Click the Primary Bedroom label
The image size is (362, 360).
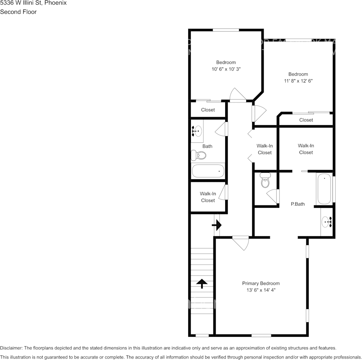pyautogui.click(x=261, y=284)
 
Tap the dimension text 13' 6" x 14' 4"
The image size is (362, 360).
pyautogui.click(x=261, y=290)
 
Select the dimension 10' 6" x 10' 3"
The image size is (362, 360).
pyautogui.click(x=226, y=69)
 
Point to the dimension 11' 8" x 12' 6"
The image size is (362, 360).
pyautogui.click(x=298, y=81)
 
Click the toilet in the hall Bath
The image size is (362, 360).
pyautogui.click(x=199, y=155)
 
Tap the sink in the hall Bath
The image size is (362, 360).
pyautogui.click(x=197, y=131)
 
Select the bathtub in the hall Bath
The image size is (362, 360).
pyautogui.click(x=208, y=171)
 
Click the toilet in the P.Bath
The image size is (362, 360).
pyautogui.click(x=265, y=181)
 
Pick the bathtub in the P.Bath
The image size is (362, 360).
pyautogui.click(x=324, y=189)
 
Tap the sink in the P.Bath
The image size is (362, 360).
pyautogui.click(x=327, y=221)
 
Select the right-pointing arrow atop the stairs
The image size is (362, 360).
pyautogui.click(x=216, y=225)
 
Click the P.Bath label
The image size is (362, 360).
pyautogui.click(x=298, y=204)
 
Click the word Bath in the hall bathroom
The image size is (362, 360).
pyautogui.click(x=207, y=146)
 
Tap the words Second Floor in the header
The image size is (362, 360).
pyautogui.click(x=18, y=12)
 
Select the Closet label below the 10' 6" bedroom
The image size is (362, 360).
pyautogui.click(x=208, y=110)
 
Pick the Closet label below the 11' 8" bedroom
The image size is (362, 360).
pyautogui.click(x=306, y=120)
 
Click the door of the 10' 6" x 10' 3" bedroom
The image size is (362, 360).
pyautogui.click(x=237, y=95)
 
